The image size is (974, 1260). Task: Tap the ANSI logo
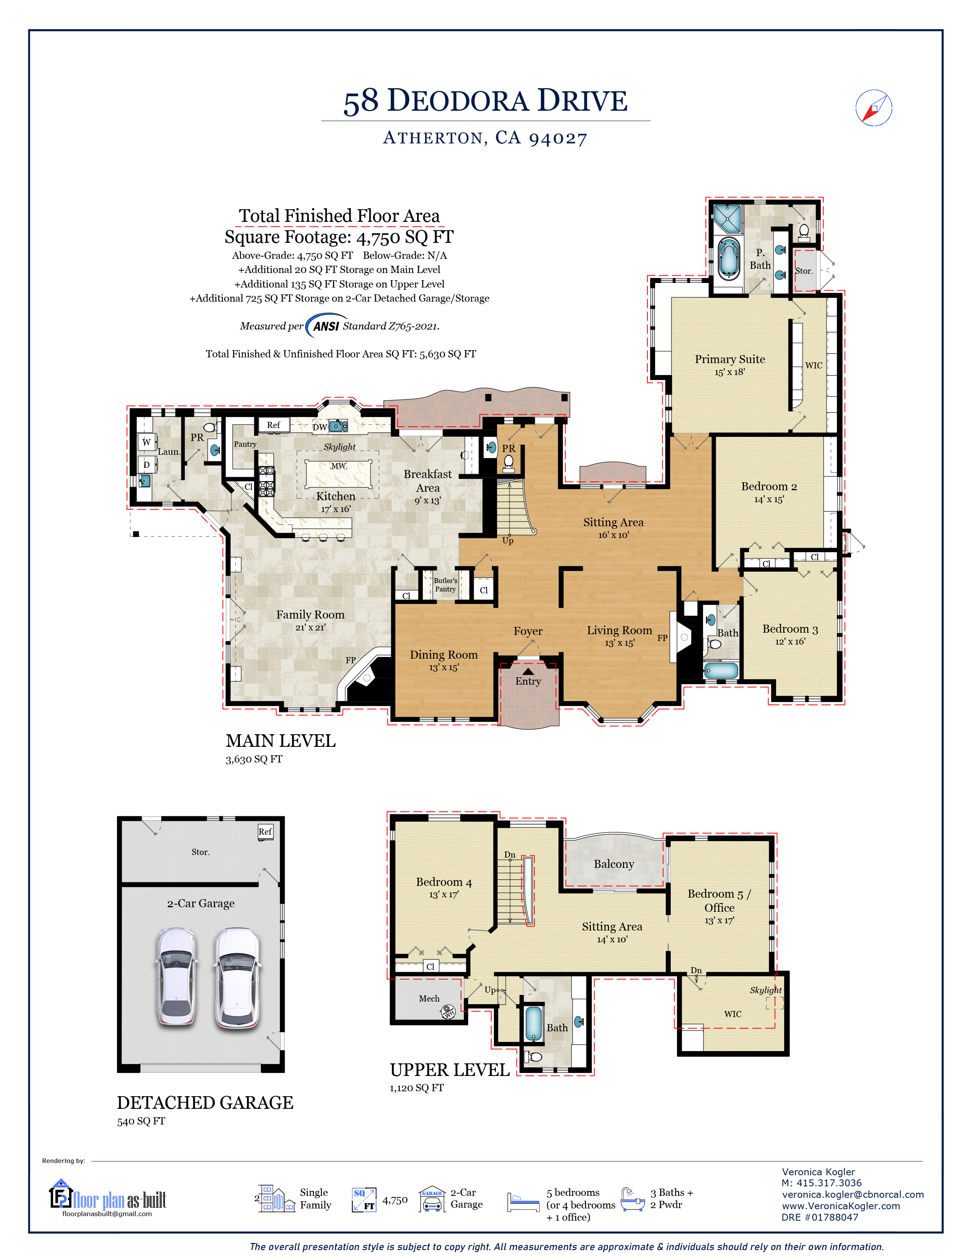point(326,326)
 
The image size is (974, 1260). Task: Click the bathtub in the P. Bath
point(729,257)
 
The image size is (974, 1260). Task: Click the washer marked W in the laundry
point(147,442)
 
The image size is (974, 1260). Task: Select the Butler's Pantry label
point(445,585)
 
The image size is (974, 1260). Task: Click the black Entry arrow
point(528,672)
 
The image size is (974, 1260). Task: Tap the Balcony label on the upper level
point(614,864)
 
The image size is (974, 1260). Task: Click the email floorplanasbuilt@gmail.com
point(107,1214)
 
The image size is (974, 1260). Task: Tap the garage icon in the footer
point(432,1198)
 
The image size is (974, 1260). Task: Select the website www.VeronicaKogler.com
point(841,1206)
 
